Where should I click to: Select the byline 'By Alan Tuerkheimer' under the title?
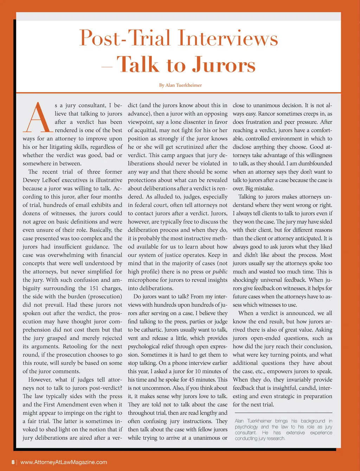(x=180, y=85)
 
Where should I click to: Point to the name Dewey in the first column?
(x=32, y=180)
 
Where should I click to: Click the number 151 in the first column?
(x=94, y=288)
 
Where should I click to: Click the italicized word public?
(x=220, y=272)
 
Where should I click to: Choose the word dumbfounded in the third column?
(x=315, y=164)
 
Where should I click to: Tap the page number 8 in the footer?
(x=13, y=462)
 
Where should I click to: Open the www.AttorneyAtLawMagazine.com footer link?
(x=64, y=462)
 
